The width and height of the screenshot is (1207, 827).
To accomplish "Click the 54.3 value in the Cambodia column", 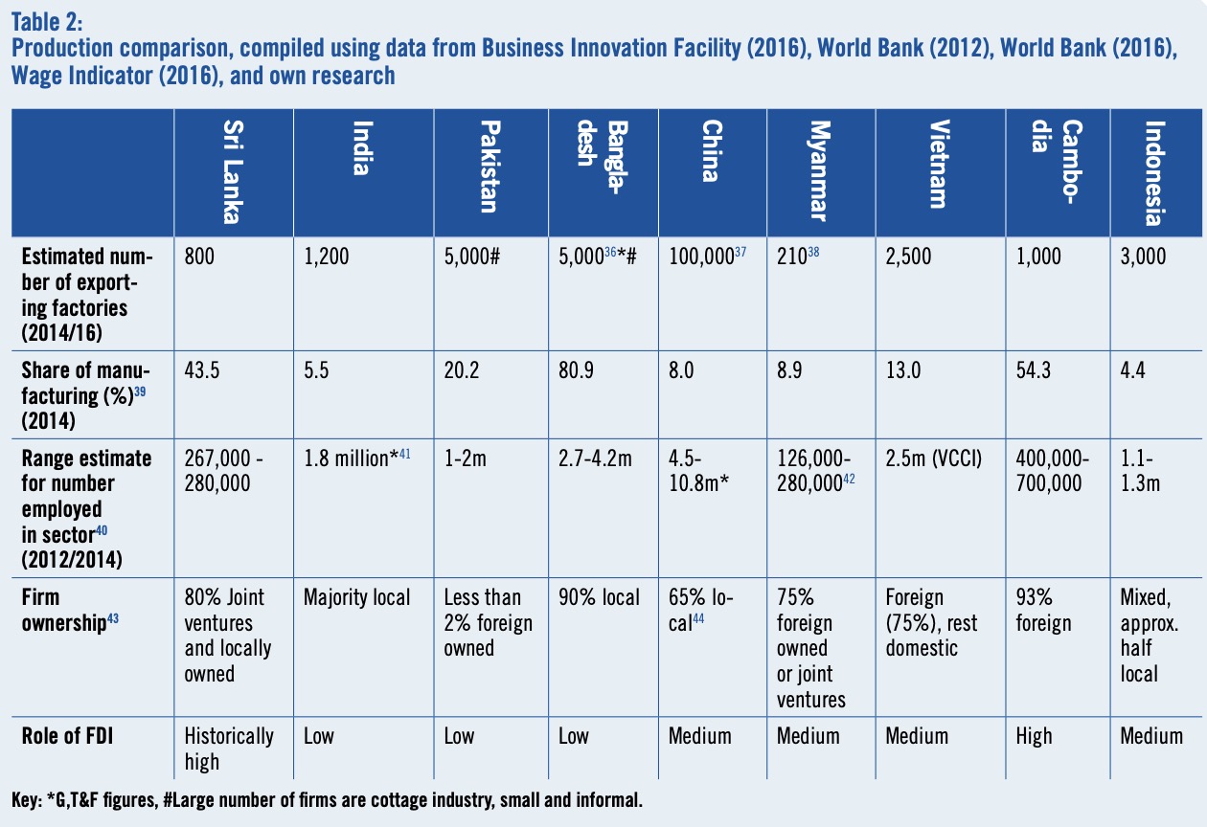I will click(x=1028, y=371).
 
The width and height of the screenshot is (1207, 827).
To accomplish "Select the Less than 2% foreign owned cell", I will click(x=488, y=622).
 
